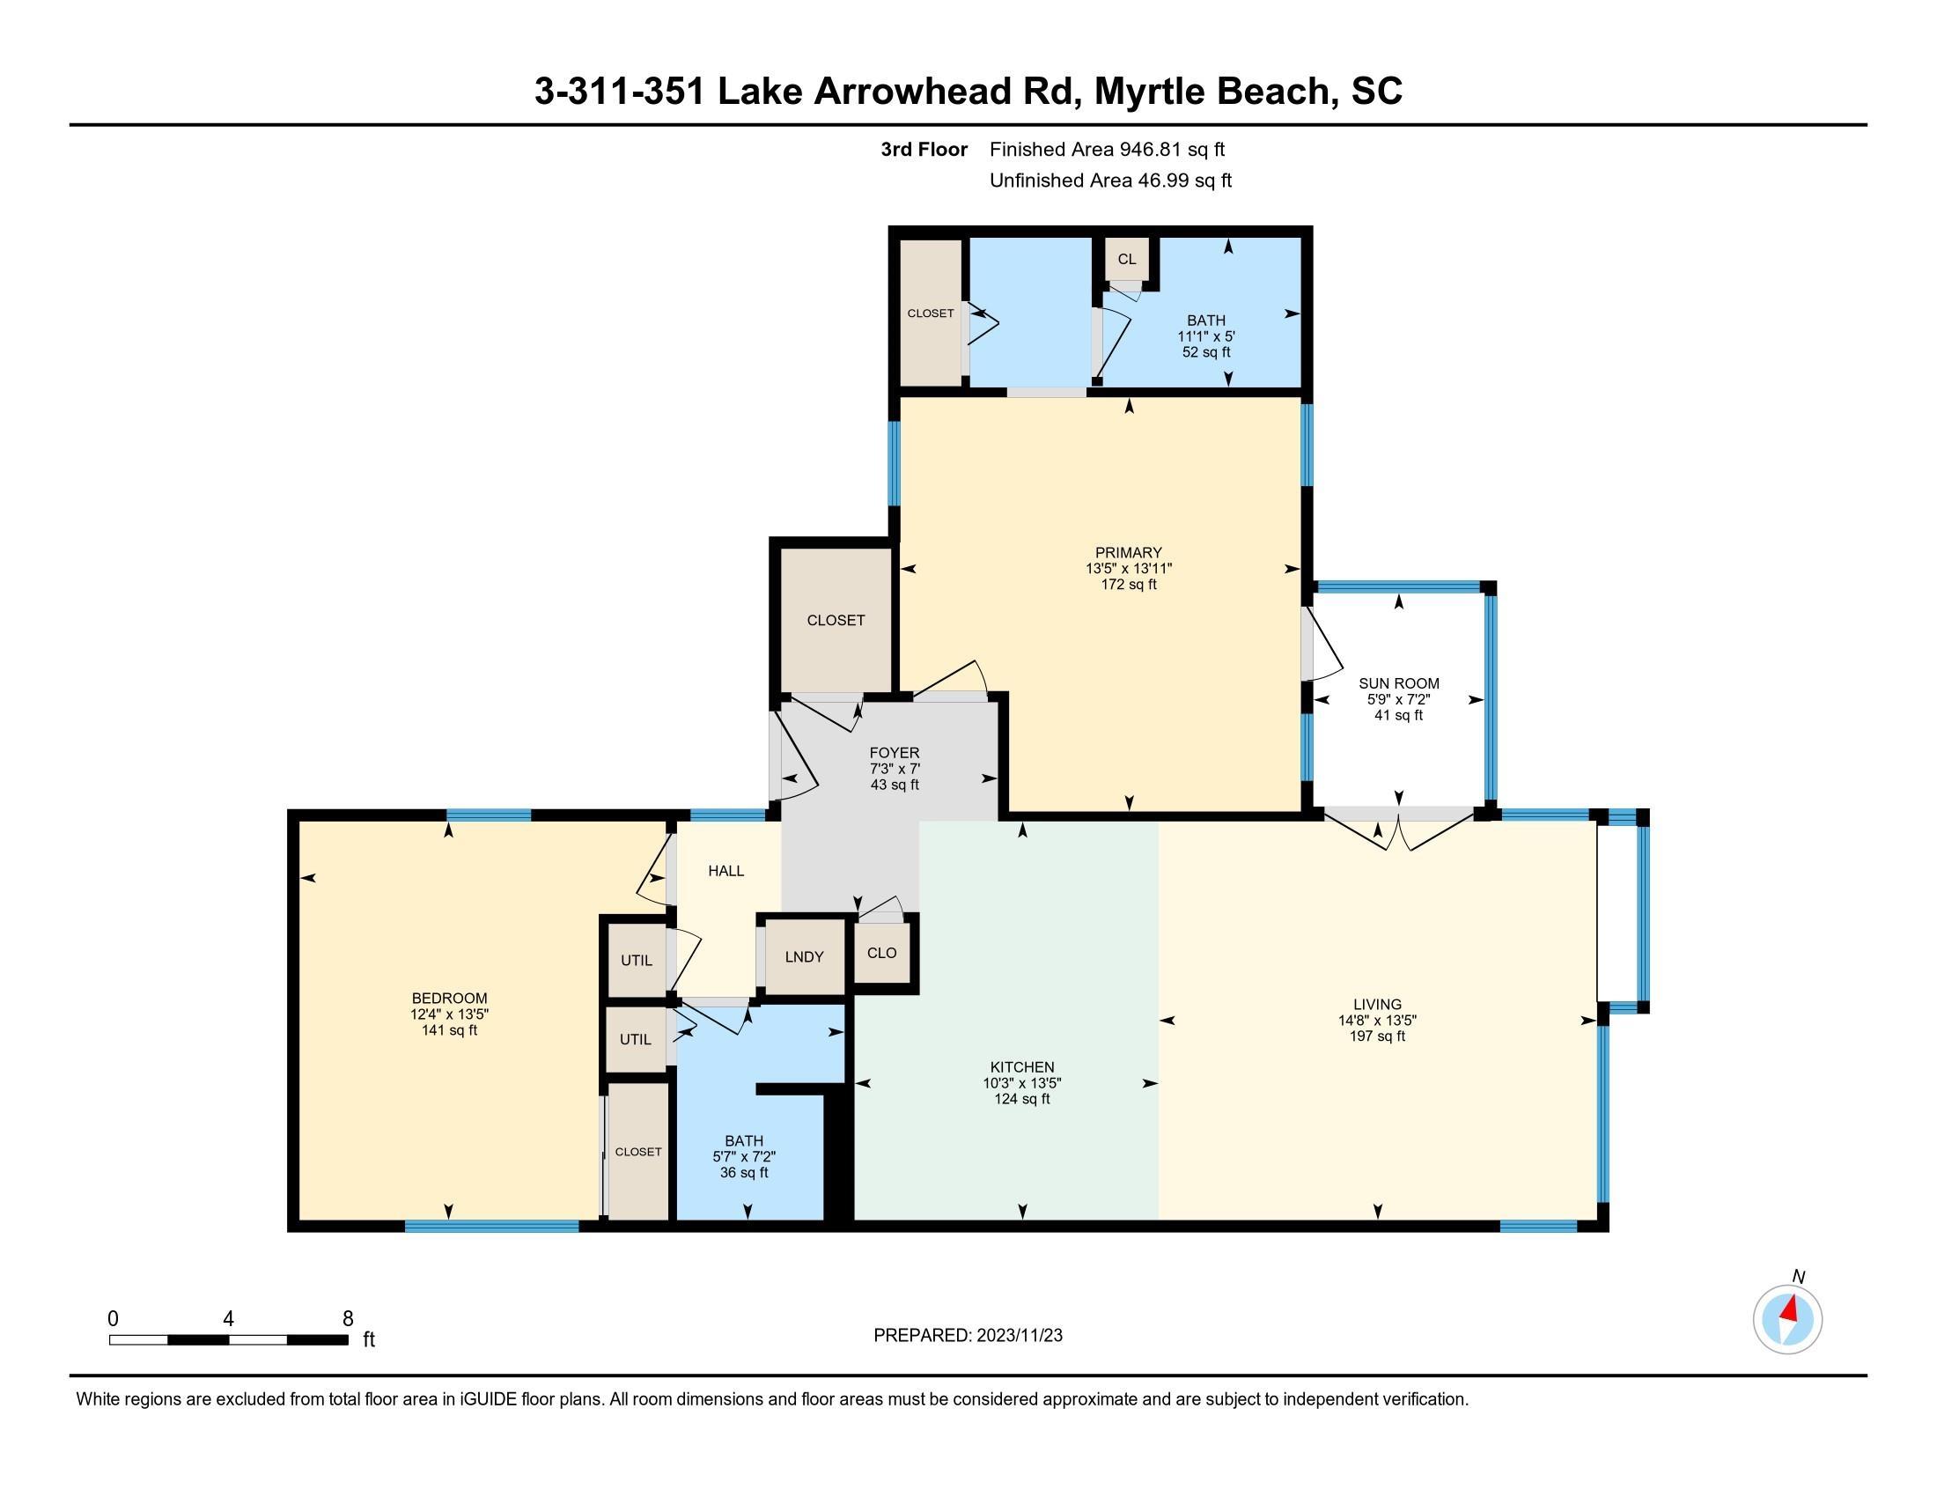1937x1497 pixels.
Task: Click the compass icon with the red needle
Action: [x=1787, y=1319]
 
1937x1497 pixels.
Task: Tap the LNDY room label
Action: [x=805, y=957]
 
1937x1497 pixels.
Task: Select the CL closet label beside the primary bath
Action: [x=1126, y=259]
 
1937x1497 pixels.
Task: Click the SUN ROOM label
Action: [x=1399, y=682]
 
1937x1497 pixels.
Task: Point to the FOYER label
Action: [x=894, y=753]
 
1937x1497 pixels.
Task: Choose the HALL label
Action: [x=725, y=871]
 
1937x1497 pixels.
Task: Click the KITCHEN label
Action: [x=1021, y=1067]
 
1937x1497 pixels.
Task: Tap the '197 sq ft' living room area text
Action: [x=1377, y=1036]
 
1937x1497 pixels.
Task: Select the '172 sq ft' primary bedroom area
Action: [x=1128, y=585]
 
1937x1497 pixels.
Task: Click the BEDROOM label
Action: [x=449, y=998]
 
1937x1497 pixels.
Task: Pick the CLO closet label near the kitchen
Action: [x=881, y=953]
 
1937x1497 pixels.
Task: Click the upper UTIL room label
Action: [x=636, y=961]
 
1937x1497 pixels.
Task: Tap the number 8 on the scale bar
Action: [x=348, y=1318]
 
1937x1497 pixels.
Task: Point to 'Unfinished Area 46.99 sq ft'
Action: [x=1110, y=181]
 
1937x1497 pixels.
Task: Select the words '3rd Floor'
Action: [x=924, y=150]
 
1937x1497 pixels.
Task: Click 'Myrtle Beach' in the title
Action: [x=1212, y=92]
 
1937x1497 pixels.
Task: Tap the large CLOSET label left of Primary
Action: [x=836, y=621]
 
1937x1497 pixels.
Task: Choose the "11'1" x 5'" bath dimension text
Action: [x=1206, y=336]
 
